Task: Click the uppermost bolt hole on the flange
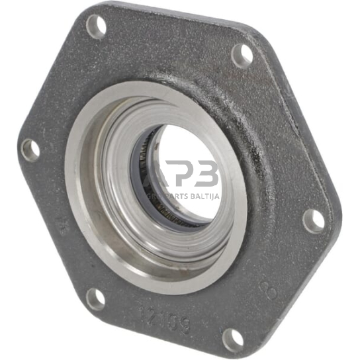point(97,26)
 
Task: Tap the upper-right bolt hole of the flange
point(242,56)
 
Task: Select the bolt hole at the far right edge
point(314,220)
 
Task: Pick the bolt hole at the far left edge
point(30,150)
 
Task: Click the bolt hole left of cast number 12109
point(95,299)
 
